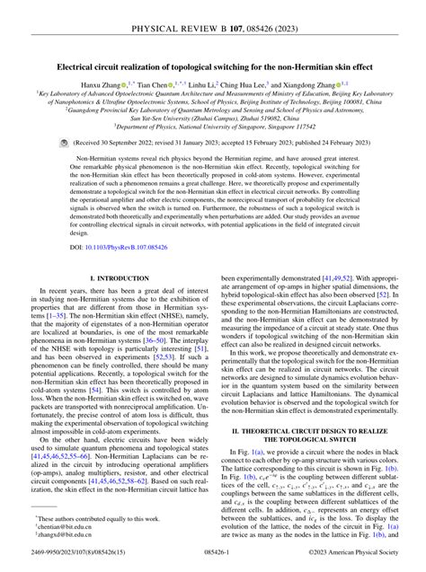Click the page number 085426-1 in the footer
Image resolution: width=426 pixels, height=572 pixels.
point(213,561)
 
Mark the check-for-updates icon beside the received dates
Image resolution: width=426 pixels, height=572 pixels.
point(62,142)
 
